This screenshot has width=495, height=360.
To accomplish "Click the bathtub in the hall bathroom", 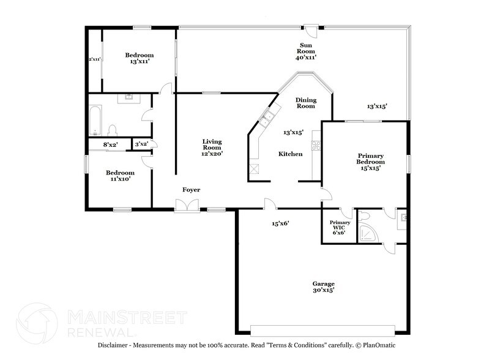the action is (95, 121).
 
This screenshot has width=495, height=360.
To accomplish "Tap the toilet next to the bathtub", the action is (112, 130).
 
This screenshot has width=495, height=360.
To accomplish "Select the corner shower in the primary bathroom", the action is (368, 233).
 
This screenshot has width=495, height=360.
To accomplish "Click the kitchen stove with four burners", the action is (316, 145).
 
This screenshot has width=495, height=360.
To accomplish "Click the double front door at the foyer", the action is (187, 206).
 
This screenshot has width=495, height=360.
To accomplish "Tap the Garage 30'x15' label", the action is (324, 287).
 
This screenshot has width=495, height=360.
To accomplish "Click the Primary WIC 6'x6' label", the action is (340, 227).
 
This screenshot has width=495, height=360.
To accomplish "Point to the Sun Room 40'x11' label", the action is (306, 51).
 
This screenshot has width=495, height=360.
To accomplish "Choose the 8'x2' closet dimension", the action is (111, 144).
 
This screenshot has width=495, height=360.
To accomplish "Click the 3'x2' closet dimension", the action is (141, 144).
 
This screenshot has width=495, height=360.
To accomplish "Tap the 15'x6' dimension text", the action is (281, 223).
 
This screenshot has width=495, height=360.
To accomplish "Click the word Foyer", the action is (192, 189).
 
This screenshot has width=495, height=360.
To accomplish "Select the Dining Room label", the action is (306, 103).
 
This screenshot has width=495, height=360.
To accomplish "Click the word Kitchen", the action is (291, 154).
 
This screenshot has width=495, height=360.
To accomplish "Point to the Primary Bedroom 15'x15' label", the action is (371, 162).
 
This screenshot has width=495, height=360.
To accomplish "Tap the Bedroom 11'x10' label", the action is (121, 176).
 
